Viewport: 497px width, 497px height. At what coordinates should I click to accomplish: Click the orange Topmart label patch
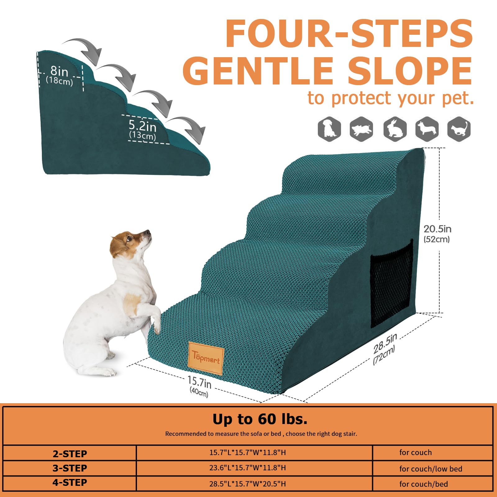click(x=206, y=358)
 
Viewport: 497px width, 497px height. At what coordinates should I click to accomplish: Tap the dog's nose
click(x=149, y=232)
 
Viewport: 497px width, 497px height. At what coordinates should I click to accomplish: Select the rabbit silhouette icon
click(x=395, y=129)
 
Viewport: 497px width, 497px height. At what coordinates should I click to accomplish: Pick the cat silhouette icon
click(x=459, y=129)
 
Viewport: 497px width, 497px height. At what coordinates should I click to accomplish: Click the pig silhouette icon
click(x=361, y=129)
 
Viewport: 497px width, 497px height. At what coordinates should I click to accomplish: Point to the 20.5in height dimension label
click(x=437, y=233)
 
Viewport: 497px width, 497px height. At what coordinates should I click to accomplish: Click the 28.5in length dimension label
click(x=385, y=349)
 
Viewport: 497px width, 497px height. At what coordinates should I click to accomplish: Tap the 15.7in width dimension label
click(x=199, y=385)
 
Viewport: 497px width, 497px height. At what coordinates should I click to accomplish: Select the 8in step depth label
click(x=59, y=75)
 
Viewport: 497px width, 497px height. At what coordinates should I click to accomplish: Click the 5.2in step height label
click(x=143, y=129)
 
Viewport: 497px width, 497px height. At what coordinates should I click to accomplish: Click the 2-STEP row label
click(x=70, y=454)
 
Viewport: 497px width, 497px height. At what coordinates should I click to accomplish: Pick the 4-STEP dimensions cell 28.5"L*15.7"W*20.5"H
click(x=247, y=484)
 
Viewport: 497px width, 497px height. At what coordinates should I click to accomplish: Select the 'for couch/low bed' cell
click(x=431, y=469)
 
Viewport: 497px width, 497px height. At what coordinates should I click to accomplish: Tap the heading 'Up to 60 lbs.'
click(x=260, y=419)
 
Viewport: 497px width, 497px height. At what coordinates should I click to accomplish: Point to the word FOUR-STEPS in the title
click(x=349, y=33)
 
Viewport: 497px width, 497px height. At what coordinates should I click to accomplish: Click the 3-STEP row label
click(x=70, y=468)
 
